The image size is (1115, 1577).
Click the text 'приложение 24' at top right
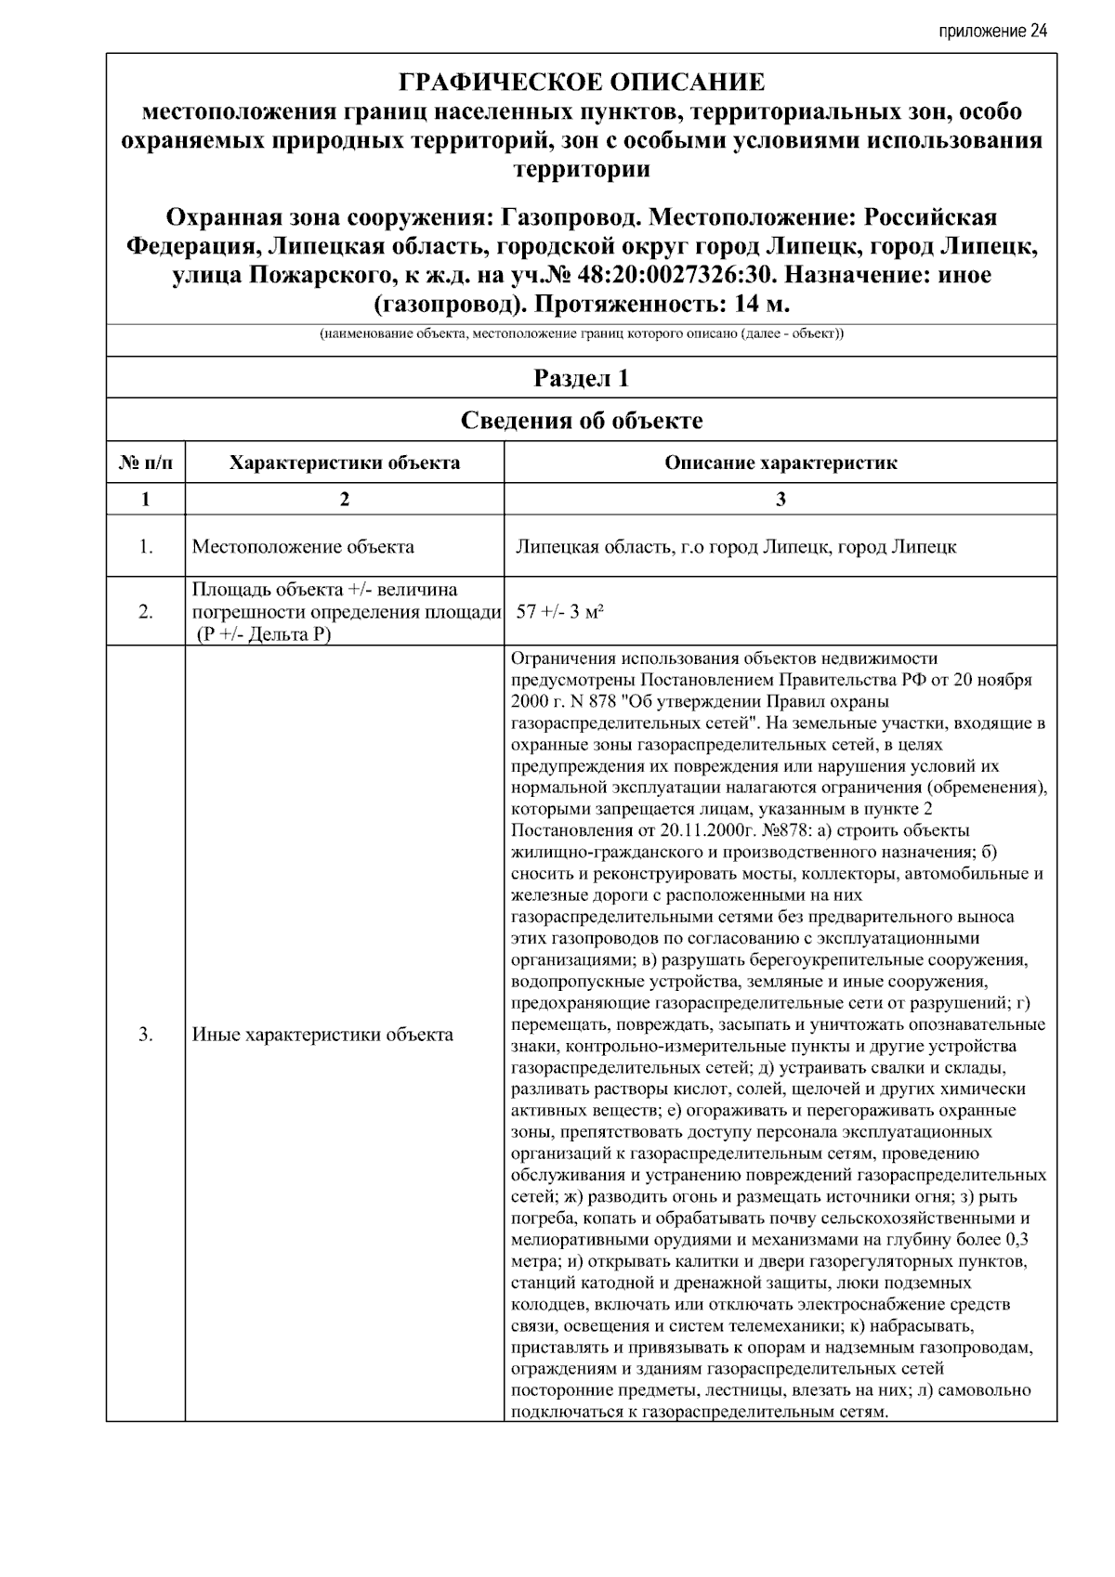click(992, 32)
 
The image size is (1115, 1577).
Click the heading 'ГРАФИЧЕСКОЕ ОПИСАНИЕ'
click(582, 83)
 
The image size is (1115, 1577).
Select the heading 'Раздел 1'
click(582, 378)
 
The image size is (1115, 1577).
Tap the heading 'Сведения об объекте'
click(582, 421)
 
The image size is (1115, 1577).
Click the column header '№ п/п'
click(146, 463)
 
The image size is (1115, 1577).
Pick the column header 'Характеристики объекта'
click(345, 463)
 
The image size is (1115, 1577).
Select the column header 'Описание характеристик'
click(780, 463)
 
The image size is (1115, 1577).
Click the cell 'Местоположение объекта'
click(303, 546)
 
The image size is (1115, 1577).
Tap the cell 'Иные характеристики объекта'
click(322, 1034)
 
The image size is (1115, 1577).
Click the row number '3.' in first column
click(146, 1034)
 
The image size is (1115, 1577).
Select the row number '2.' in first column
click(146, 611)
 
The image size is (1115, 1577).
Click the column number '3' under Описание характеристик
click(780, 499)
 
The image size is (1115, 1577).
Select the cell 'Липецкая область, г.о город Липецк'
click(736, 546)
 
